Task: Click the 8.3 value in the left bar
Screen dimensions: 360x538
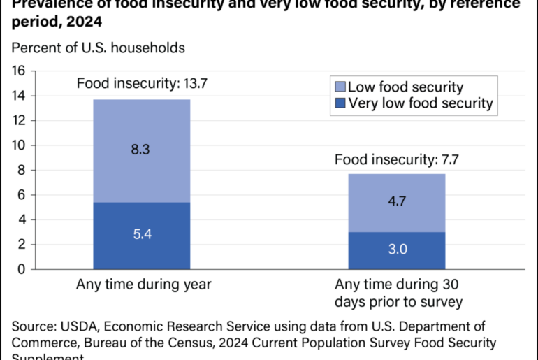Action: coord(142,148)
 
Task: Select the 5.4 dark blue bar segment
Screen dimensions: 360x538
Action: coord(142,234)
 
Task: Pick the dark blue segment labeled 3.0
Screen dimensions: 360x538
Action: coord(396,250)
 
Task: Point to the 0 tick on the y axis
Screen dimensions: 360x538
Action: coord(22,269)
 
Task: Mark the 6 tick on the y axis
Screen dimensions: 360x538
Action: coord(22,195)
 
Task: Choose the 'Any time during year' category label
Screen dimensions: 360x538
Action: coord(143,285)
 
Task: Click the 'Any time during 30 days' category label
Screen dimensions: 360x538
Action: coord(396,294)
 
